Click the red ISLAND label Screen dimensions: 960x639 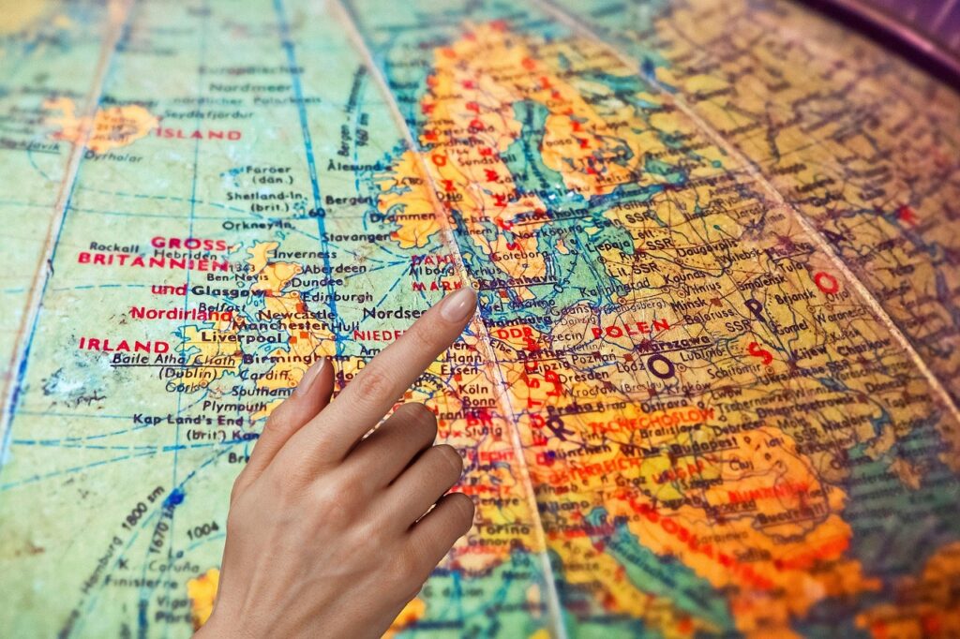click(x=198, y=134)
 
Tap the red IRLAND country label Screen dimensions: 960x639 click(x=124, y=345)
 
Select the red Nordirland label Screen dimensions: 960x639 click(x=182, y=313)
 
